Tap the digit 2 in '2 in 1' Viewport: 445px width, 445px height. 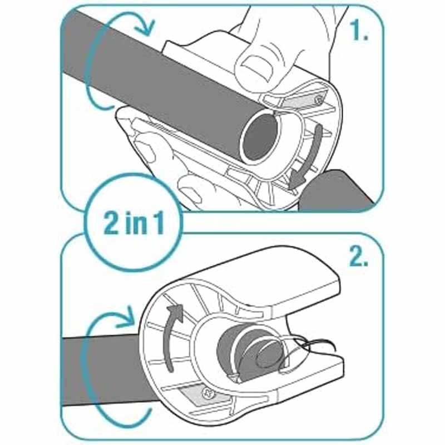coord(111,223)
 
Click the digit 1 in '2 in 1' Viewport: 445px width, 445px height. coord(158,223)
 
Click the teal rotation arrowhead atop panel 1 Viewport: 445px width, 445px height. coord(145,27)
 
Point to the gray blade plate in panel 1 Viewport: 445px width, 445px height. coord(305,100)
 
